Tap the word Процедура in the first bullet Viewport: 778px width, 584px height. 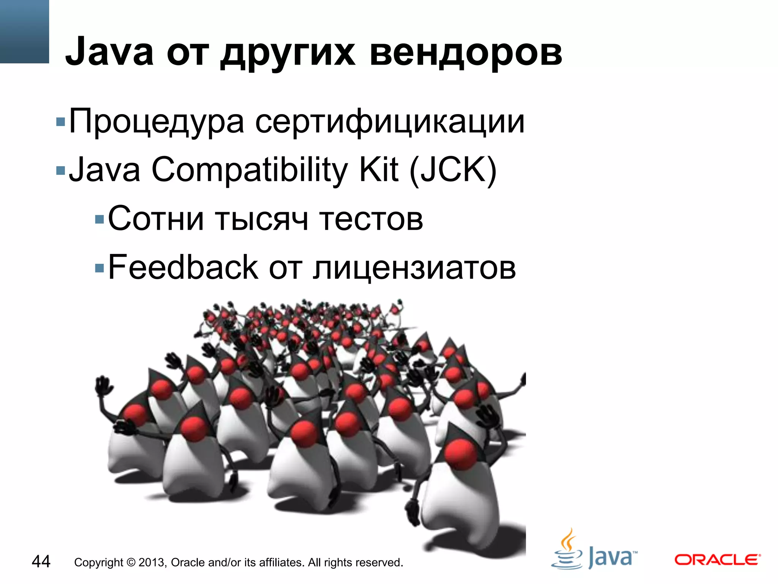(x=156, y=122)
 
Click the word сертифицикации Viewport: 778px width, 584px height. (x=390, y=122)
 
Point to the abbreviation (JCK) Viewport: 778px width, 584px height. (x=453, y=170)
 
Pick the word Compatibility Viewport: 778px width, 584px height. (x=249, y=170)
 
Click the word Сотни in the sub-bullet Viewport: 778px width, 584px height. (x=156, y=219)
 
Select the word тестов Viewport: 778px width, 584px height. (x=371, y=219)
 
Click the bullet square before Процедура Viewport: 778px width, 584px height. (x=60, y=122)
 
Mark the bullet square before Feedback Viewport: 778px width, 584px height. (x=100, y=268)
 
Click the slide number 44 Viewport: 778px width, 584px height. (x=41, y=562)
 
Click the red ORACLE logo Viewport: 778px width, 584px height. (x=717, y=560)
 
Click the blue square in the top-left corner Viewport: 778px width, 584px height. (x=24, y=31)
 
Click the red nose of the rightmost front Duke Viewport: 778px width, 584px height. (x=461, y=453)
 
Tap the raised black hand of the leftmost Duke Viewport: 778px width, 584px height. (x=103, y=387)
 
